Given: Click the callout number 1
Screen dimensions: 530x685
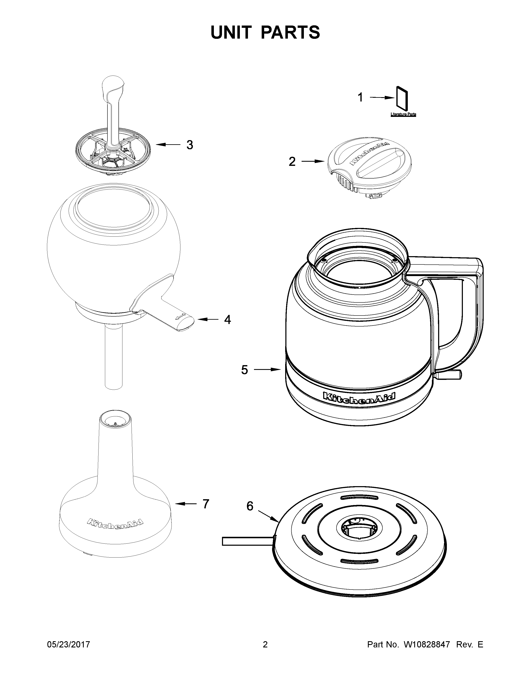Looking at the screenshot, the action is [360, 98].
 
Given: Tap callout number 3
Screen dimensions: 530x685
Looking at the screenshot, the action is [190, 145].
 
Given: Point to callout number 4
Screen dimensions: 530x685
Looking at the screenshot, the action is [227, 320].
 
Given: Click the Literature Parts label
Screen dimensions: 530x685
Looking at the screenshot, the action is [403, 115].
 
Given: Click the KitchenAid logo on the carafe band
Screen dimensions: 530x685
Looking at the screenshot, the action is [360, 396].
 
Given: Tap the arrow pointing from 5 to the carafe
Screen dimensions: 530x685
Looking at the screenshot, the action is [267, 370].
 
